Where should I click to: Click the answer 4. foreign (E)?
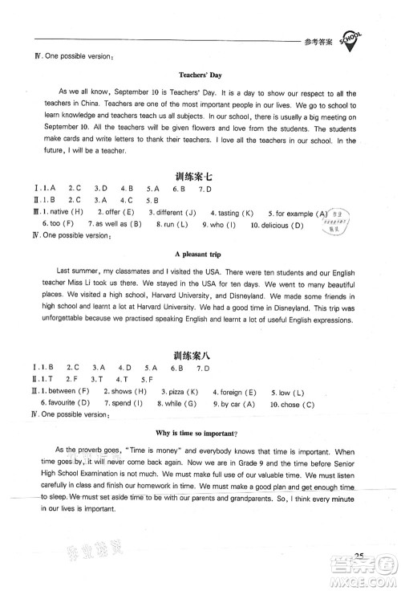(x=234, y=391)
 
